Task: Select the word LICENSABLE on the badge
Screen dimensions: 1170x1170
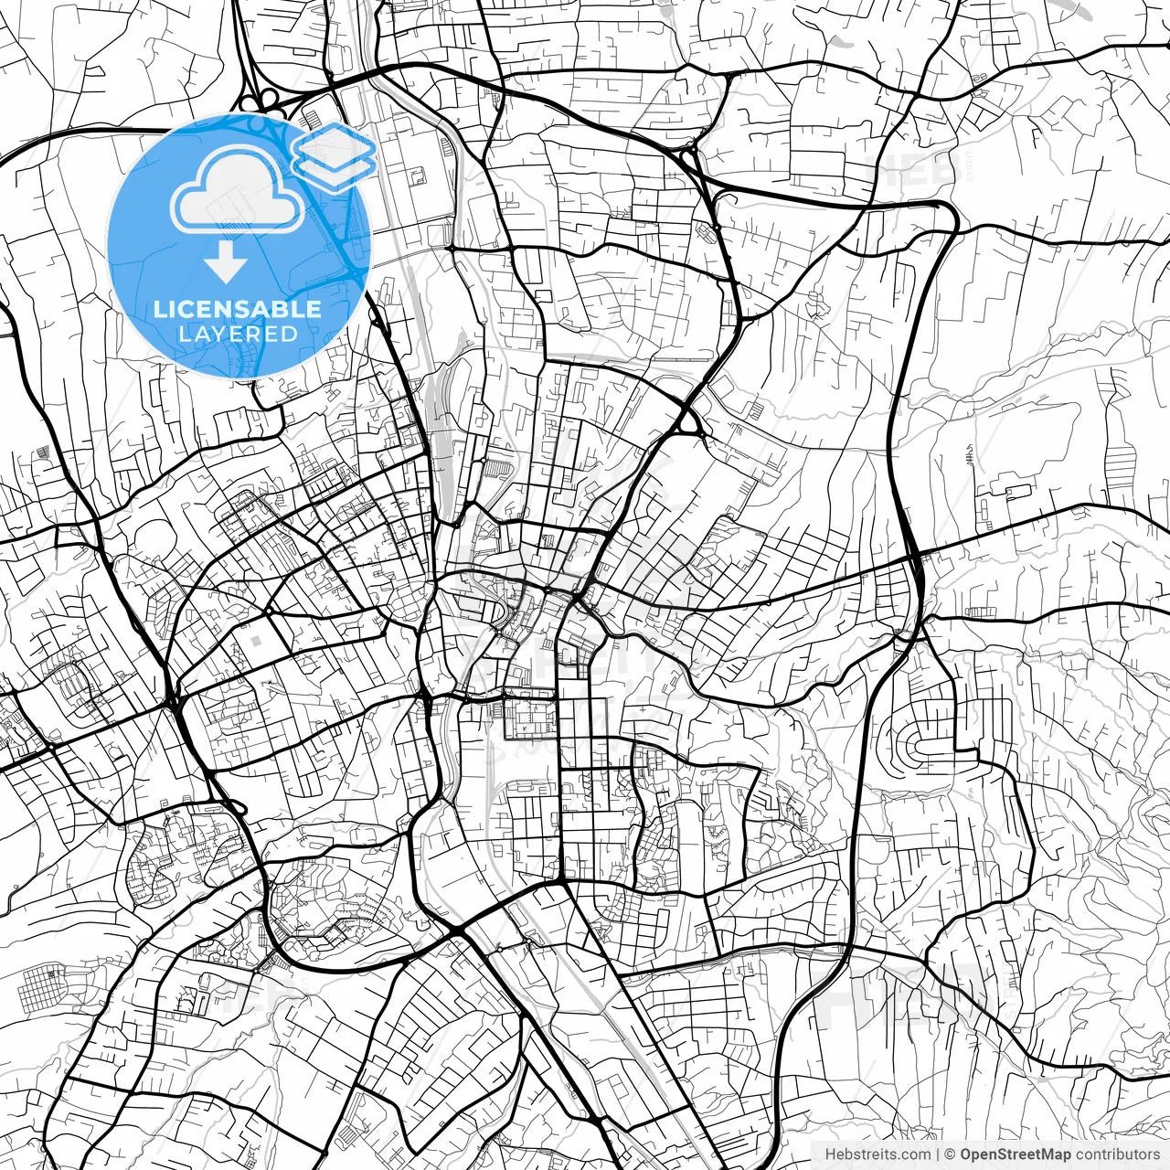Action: click(238, 309)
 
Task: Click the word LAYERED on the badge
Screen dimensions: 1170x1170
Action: click(238, 334)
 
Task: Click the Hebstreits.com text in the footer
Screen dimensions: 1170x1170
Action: click(877, 1154)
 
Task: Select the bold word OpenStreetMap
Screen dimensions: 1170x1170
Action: click(1015, 1154)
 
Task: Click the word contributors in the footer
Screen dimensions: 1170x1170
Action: click(1116, 1154)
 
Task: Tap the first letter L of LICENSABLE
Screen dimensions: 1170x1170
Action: click(158, 309)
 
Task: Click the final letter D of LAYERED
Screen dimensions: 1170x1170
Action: click(291, 334)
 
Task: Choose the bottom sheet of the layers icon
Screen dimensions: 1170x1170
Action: click(334, 170)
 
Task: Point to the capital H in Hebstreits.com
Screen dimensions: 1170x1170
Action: click(830, 1154)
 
